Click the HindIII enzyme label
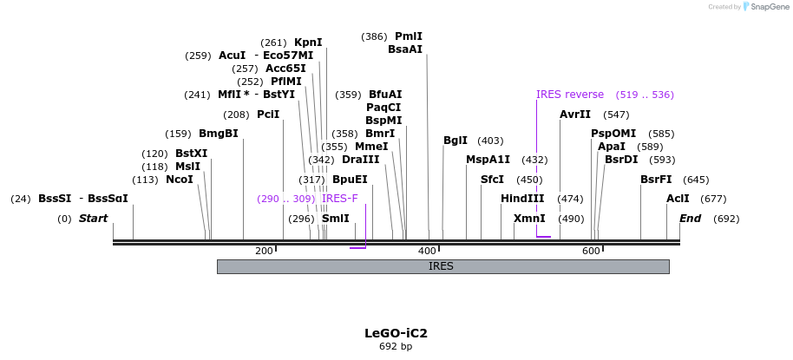pos(522,199)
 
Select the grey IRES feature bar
pos(442,266)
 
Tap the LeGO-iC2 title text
pos(396,333)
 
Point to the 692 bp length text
pos(396,347)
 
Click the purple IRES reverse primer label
pos(569,95)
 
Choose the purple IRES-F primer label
pos(339,199)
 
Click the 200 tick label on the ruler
pos(264,251)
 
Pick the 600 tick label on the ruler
pos(591,251)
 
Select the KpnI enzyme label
pos(308,43)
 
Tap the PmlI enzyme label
pos(409,36)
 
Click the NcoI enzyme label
pos(180,180)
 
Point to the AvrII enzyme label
pos(575,115)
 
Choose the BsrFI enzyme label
pos(656,180)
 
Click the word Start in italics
pos(93,219)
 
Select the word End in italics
pos(690,219)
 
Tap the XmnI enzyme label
pos(529,219)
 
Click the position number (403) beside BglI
pos(490,141)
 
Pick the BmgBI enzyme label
pos(218,134)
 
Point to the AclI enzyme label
pos(678,199)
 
